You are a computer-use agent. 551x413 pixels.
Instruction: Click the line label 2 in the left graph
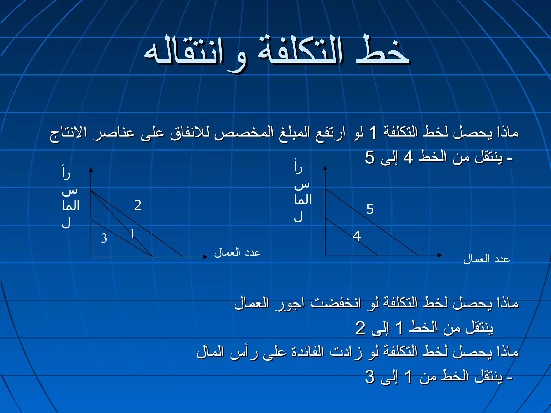138,205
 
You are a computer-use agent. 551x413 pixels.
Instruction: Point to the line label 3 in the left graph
104,238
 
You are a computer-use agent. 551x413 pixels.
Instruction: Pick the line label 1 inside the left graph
132,234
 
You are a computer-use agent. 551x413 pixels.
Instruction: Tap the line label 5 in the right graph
370,209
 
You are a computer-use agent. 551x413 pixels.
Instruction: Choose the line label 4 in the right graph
357,236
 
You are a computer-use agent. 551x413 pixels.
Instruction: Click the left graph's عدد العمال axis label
237,253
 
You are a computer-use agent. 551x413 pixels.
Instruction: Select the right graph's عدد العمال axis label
486,259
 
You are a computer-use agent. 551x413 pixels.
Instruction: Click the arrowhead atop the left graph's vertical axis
91,170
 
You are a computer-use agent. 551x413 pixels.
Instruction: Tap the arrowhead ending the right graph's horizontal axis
440,255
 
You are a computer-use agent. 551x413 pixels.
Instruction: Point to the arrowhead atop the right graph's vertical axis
325,168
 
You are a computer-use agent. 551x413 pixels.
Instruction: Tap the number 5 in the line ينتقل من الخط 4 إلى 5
370,157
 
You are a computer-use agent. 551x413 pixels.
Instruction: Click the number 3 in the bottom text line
370,377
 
